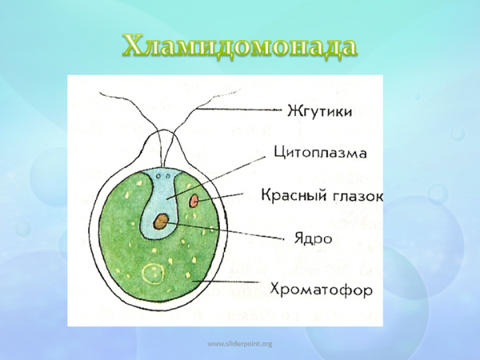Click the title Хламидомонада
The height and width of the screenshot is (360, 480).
click(x=239, y=46)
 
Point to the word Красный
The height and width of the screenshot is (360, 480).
click(x=291, y=195)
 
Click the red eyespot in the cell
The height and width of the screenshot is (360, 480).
click(x=194, y=202)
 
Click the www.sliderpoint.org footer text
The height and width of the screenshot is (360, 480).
click(x=240, y=344)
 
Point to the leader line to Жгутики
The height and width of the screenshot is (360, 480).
click(x=240, y=110)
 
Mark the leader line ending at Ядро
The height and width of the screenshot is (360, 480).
click(x=232, y=233)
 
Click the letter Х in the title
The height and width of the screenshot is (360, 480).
click(x=134, y=46)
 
